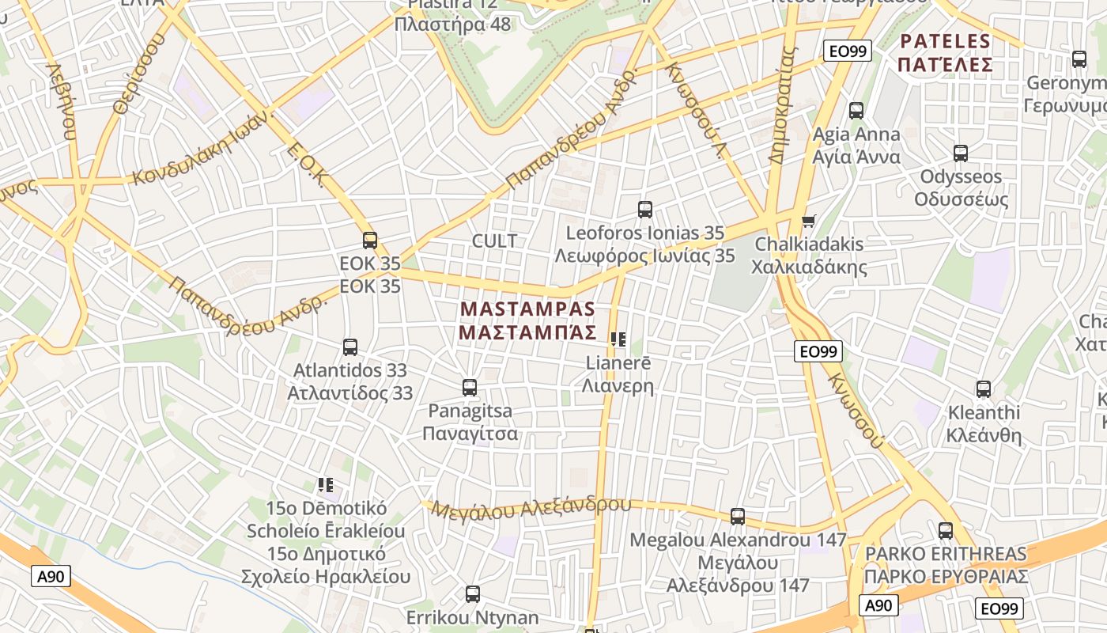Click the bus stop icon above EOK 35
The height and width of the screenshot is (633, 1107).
point(369,240)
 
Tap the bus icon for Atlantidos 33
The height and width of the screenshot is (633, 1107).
point(349,347)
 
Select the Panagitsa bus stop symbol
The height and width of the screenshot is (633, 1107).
point(470,388)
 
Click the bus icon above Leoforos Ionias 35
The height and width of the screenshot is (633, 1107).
point(645,210)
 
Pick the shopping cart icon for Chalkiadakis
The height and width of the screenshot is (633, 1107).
point(808,221)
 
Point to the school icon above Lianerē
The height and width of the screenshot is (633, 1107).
point(618,339)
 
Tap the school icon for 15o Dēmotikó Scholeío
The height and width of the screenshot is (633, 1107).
point(325,484)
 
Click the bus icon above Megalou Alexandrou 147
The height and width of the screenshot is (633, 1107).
point(738,517)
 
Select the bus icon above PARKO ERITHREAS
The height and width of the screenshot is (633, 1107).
point(946,531)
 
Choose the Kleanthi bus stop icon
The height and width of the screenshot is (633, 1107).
point(984,389)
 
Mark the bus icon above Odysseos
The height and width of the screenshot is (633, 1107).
point(961,154)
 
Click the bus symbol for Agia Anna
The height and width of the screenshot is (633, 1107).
point(856,111)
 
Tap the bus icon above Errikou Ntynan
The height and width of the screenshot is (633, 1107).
point(473,593)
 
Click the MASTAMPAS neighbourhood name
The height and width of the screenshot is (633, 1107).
point(527,320)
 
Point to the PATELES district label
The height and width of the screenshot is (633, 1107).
point(945,52)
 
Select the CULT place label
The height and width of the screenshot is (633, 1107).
point(494,241)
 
